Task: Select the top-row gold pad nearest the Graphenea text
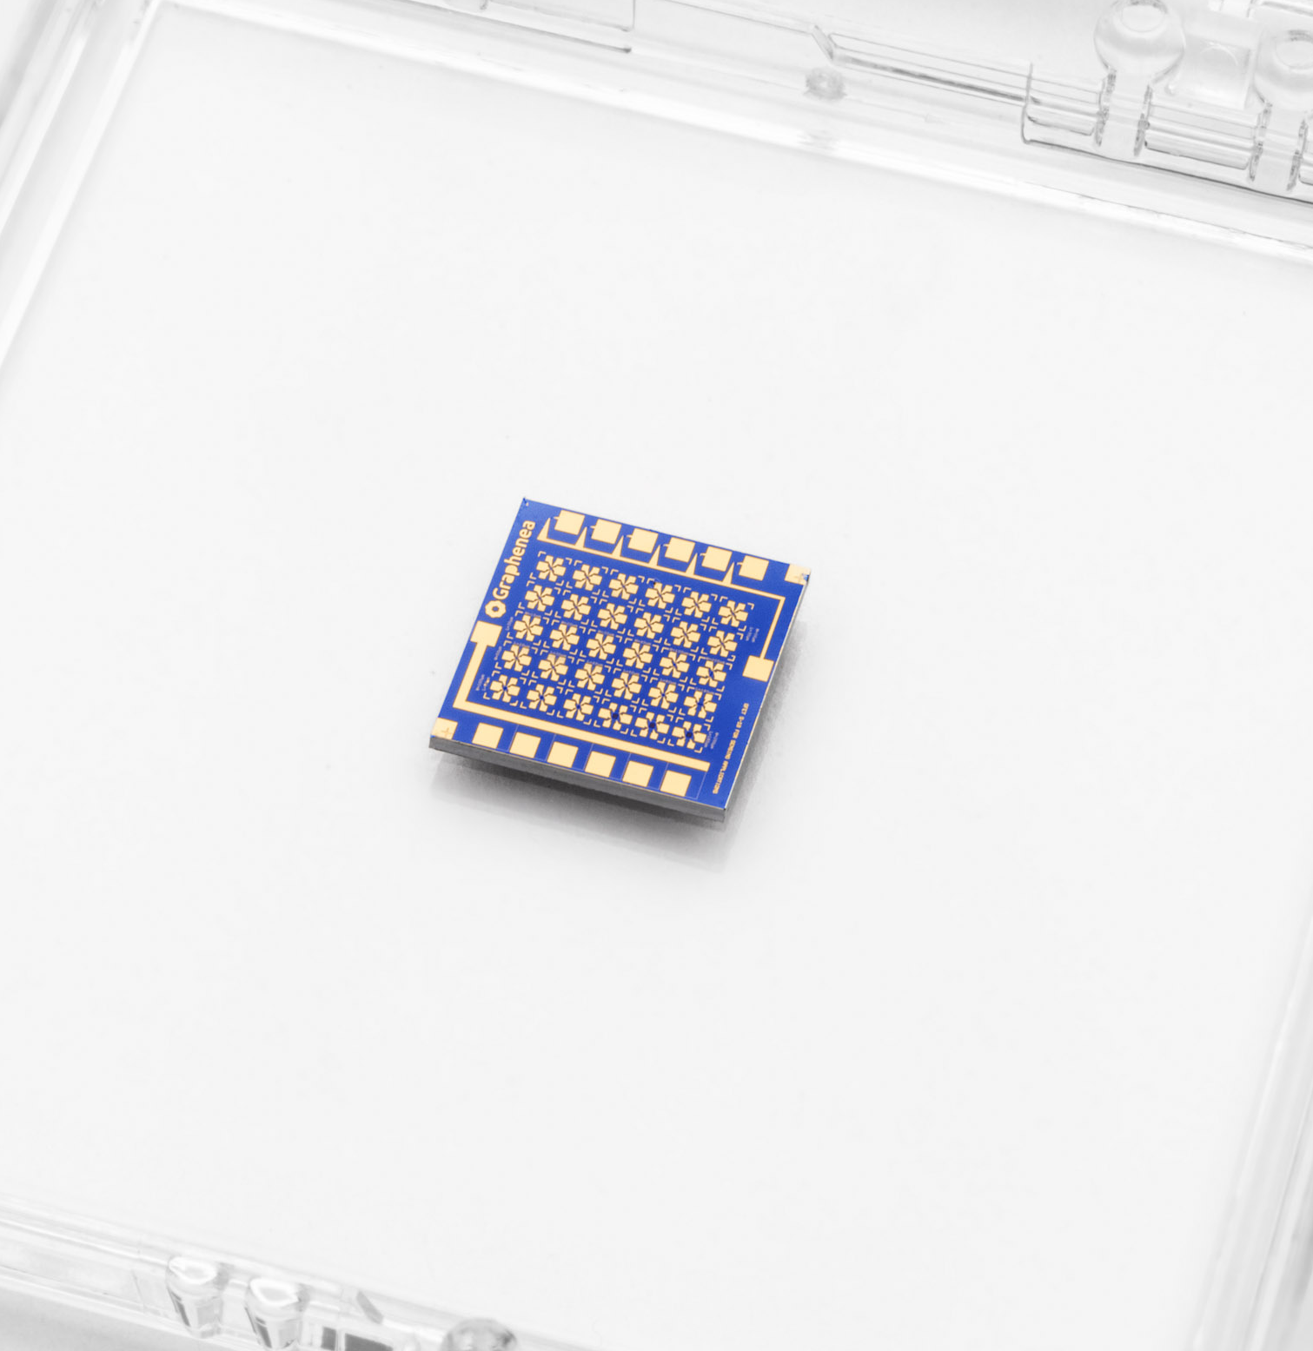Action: (569, 522)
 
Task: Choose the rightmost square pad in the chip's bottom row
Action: (674, 783)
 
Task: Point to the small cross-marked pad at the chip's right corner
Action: (797, 573)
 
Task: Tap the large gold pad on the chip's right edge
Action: (758, 670)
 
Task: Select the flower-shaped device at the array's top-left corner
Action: (549, 569)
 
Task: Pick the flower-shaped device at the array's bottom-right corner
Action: (687, 735)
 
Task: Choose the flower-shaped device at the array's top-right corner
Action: (733, 613)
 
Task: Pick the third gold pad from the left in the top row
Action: (642, 541)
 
